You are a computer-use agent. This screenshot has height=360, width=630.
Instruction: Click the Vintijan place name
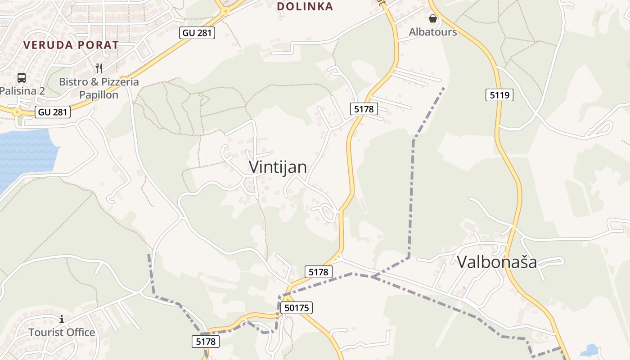coord(278,167)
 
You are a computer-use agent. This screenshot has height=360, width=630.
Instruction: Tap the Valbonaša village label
coord(497,261)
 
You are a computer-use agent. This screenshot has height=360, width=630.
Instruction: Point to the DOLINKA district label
coord(305,6)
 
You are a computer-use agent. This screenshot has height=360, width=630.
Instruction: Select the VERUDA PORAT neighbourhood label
coord(71,45)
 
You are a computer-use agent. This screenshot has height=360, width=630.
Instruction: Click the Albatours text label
coord(432,32)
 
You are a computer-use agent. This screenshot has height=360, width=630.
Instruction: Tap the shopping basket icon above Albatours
coord(432,19)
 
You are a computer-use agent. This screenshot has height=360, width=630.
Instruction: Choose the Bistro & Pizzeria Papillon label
coord(99,88)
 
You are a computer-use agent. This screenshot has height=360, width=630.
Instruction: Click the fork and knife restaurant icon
coord(99,68)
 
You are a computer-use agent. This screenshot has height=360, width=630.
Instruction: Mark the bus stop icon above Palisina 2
coord(22,77)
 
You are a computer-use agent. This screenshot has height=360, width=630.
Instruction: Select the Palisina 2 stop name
coord(22,91)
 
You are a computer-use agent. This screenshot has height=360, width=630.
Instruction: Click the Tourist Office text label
coord(62,333)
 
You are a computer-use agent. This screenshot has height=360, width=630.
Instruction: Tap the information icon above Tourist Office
coord(62,319)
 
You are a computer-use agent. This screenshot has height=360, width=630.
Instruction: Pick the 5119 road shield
coord(499,95)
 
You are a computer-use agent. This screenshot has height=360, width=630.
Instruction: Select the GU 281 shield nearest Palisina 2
coord(53,112)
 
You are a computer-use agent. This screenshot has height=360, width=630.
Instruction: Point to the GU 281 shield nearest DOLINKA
coord(197,33)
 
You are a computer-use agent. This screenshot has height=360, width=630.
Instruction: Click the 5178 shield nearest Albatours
coord(363,108)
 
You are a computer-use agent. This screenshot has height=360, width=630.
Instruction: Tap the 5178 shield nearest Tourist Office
coord(206,342)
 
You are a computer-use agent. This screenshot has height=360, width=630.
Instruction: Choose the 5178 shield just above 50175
coord(319,272)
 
